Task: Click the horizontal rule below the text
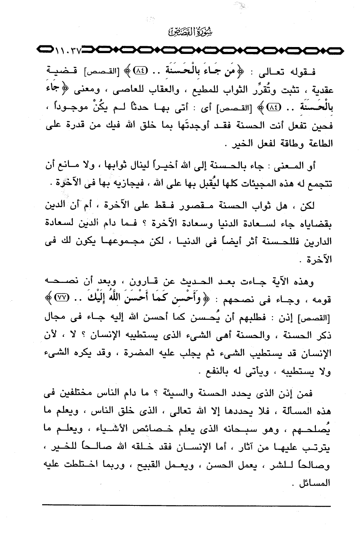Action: [186, 505]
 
